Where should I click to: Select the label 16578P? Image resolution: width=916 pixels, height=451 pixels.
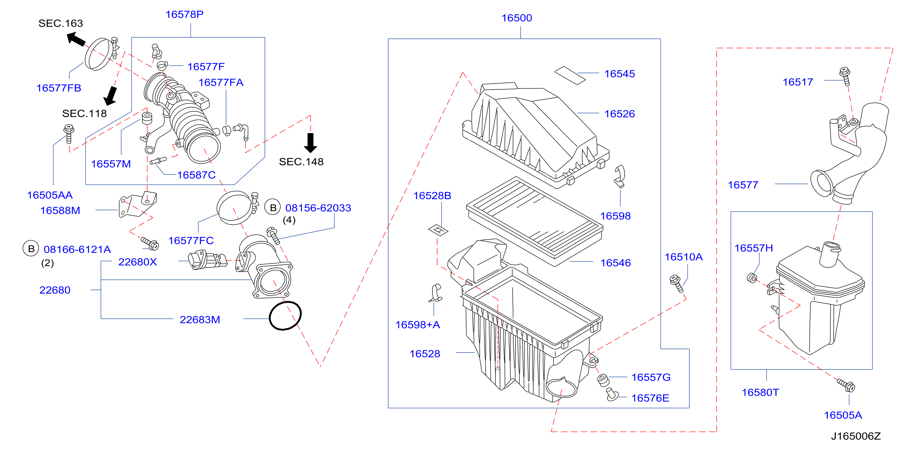point(185,14)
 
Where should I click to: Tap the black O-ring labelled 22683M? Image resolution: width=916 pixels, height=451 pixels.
point(285,315)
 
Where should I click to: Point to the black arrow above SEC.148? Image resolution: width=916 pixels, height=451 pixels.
point(311,143)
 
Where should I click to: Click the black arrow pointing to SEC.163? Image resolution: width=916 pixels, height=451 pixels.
point(76,39)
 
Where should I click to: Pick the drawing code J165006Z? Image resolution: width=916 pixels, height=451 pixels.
point(855,436)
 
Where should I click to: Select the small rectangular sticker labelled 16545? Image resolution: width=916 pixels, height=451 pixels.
point(570,75)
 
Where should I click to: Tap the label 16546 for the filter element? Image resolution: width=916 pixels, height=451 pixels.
point(616,263)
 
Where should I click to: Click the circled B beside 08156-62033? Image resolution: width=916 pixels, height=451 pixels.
point(273,208)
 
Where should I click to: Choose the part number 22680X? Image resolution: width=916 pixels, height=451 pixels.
point(137,262)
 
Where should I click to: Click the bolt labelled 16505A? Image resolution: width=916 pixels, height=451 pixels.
point(846,385)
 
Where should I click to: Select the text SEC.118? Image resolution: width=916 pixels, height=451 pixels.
point(84,113)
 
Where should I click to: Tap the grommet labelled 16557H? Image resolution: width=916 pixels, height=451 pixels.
point(752,278)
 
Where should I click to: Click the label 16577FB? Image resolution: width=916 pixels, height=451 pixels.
point(59,88)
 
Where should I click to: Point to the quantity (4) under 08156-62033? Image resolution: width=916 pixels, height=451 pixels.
point(289,220)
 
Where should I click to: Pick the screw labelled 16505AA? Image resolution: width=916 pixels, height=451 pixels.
point(69,134)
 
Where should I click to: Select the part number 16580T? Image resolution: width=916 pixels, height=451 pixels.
point(760,392)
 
